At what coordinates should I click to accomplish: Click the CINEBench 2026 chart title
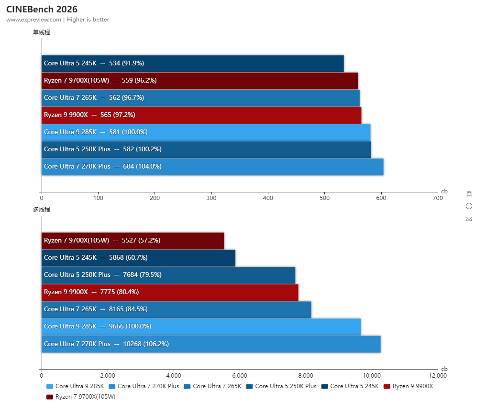coord(42,9)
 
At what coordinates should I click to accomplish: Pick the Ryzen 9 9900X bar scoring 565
coord(201,115)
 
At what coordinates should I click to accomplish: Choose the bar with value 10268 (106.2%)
coord(211,344)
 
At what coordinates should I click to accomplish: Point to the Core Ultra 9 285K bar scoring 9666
coord(201,327)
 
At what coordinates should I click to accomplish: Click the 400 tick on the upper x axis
coord(268,197)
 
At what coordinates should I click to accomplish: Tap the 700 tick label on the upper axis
coord(437,197)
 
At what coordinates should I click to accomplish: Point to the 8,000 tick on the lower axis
coord(306,375)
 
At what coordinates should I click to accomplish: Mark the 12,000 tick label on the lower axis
coord(438,375)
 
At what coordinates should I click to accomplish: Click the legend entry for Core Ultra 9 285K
coord(76,386)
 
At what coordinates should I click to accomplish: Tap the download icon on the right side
coord(469,218)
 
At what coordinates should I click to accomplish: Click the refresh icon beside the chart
coord(469,206)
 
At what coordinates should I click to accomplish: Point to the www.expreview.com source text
coord(33,20)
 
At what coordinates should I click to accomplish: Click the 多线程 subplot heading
coord(41,209)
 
